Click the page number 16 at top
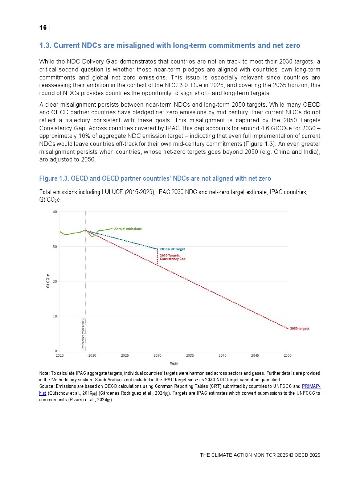[x=43, y=28]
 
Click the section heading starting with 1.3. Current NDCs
[x=169, y=45]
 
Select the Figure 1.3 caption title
[x=155, y=179]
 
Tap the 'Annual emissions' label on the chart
[x=128, y=229]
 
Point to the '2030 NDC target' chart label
[x=172, y=249]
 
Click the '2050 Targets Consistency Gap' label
[x=172, y=257]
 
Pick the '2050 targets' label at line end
[x=300, y=329]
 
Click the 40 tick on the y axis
[x=55, y=212]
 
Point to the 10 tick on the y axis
[x=55, y=316]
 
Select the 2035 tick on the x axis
[x=190, y=356]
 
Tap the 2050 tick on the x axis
[x=287, y=356]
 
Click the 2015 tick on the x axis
[x=60, y=356]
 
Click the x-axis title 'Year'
[x=174, y=364]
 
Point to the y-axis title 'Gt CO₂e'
[x=48, y=281]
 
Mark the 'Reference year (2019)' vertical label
[x=83, y=333]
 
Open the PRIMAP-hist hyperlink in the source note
[x=311, y=386]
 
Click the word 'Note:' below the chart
[x=44, y=373]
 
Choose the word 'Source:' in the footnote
[x=47, y=386]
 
